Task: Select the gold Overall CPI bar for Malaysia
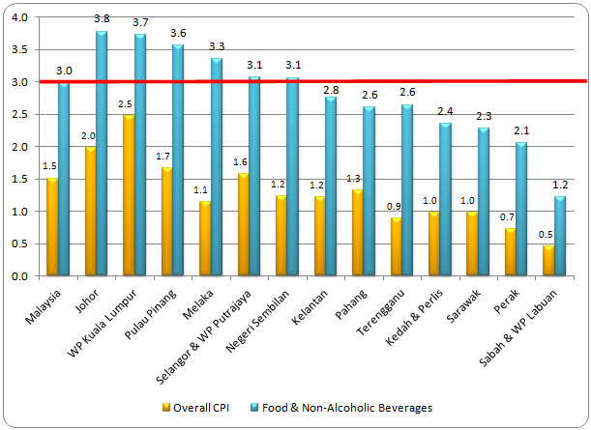[52, 227]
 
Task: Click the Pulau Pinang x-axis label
[154, 311]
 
